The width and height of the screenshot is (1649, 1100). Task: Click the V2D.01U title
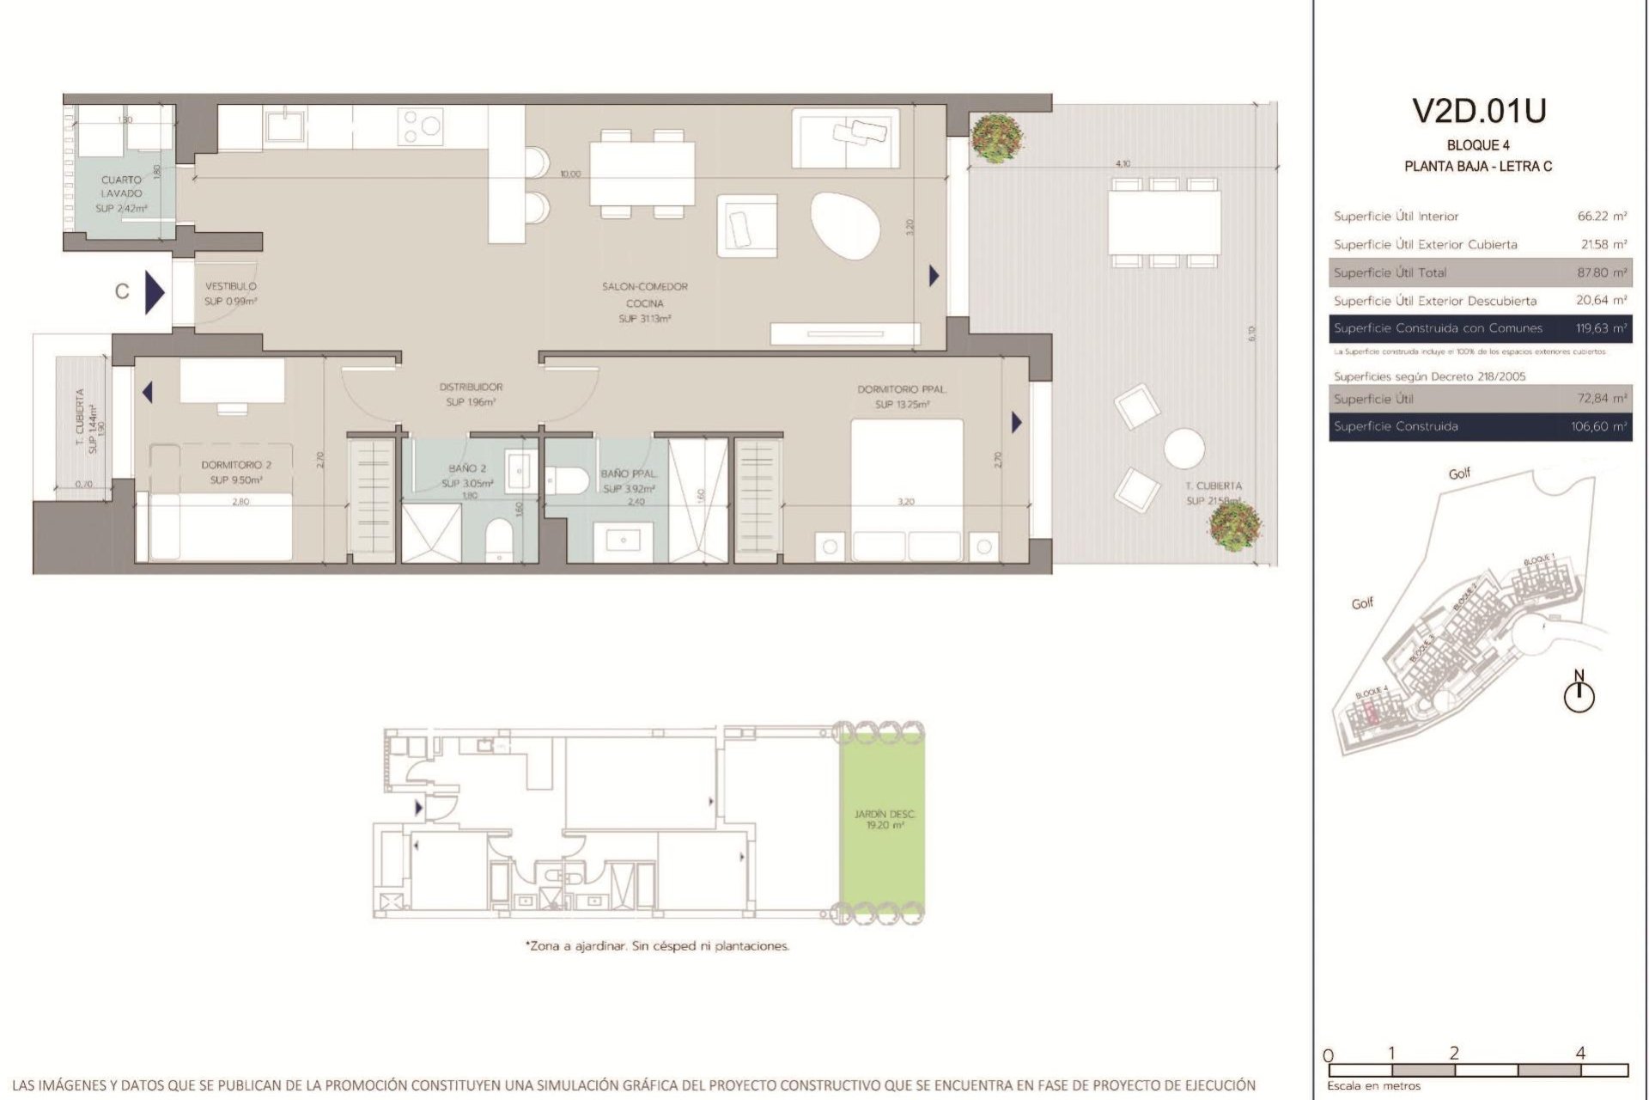point(1479,111)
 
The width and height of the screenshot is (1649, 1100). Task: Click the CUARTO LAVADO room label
point(121,187)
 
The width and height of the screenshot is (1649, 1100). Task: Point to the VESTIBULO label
point(230,287)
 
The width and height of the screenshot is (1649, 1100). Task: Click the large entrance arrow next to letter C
point(155,293)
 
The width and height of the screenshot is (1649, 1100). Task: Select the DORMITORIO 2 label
point(236,465)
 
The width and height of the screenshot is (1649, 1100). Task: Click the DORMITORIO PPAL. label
point(901,390)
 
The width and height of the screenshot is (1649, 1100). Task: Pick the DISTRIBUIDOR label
point(470,388)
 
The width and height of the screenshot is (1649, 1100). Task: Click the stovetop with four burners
point(421,125)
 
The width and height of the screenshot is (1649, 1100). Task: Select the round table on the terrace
point(1184,449)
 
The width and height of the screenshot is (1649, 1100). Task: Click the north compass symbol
point(1579,694)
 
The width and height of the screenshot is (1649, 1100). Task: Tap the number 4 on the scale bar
point(1580,1053)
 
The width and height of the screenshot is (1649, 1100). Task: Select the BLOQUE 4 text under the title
point(1478,145)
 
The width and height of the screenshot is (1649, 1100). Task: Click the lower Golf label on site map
point(1362,603)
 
